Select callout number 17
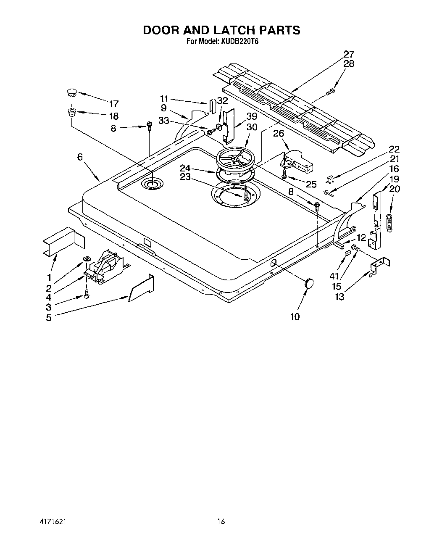coord(113,103)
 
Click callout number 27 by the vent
coord(349,54)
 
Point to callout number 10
coord(295,316)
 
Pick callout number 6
coord(80,157)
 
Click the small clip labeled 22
coord(330,180)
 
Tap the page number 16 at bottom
coord(221,522)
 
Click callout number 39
coord(252,116)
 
